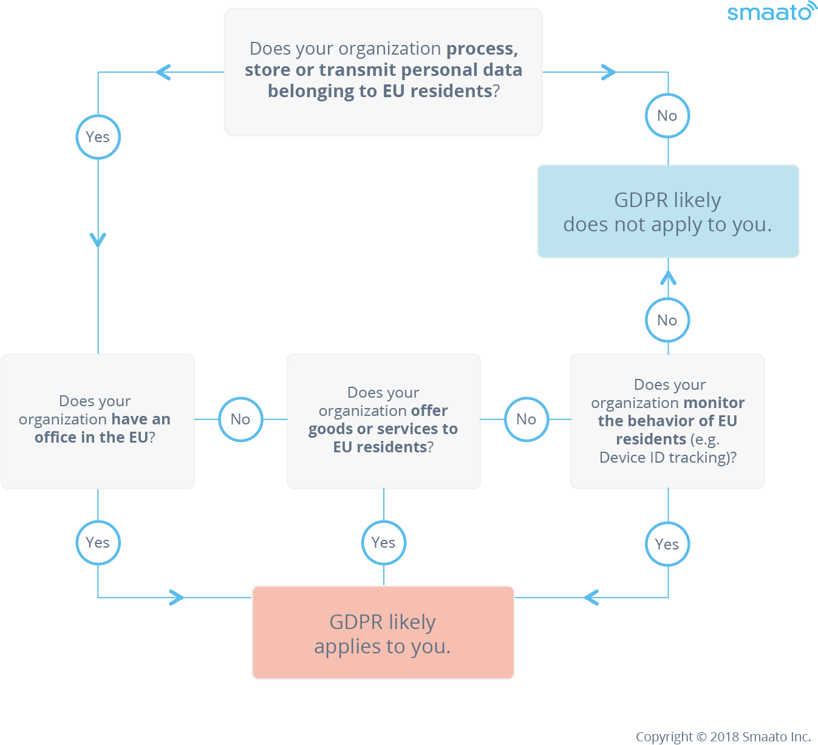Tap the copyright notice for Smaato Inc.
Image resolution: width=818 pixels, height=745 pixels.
point(723,736)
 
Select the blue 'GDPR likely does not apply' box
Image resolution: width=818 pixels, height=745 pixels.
point(667,211)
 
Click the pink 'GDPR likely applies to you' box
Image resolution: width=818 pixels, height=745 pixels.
point(383,632)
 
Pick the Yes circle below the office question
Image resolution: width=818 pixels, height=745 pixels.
point(98,542)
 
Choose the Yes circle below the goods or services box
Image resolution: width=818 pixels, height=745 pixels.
point(383,542)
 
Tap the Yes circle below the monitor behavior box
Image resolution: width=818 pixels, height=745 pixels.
point(667,543)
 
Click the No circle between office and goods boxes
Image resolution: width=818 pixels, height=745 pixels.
point(240,419)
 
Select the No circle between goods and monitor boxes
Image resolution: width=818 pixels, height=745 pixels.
point(527,419)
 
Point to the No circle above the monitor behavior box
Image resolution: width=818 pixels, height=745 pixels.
point(667,320)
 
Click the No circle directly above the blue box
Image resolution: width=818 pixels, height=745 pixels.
point(667,116)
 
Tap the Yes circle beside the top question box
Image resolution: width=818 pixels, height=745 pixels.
point(98,137)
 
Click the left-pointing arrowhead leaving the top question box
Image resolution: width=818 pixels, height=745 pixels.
point(163,72)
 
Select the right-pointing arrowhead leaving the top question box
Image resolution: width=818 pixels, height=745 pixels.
point(609,72)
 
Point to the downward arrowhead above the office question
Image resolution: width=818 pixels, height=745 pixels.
point(98,240)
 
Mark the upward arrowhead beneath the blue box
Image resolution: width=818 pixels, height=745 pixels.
point(668,278)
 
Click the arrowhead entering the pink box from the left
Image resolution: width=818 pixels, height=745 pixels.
point(177,597)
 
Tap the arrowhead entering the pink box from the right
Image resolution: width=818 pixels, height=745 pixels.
point(591,597)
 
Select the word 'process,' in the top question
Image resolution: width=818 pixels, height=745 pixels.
point(482,49)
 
